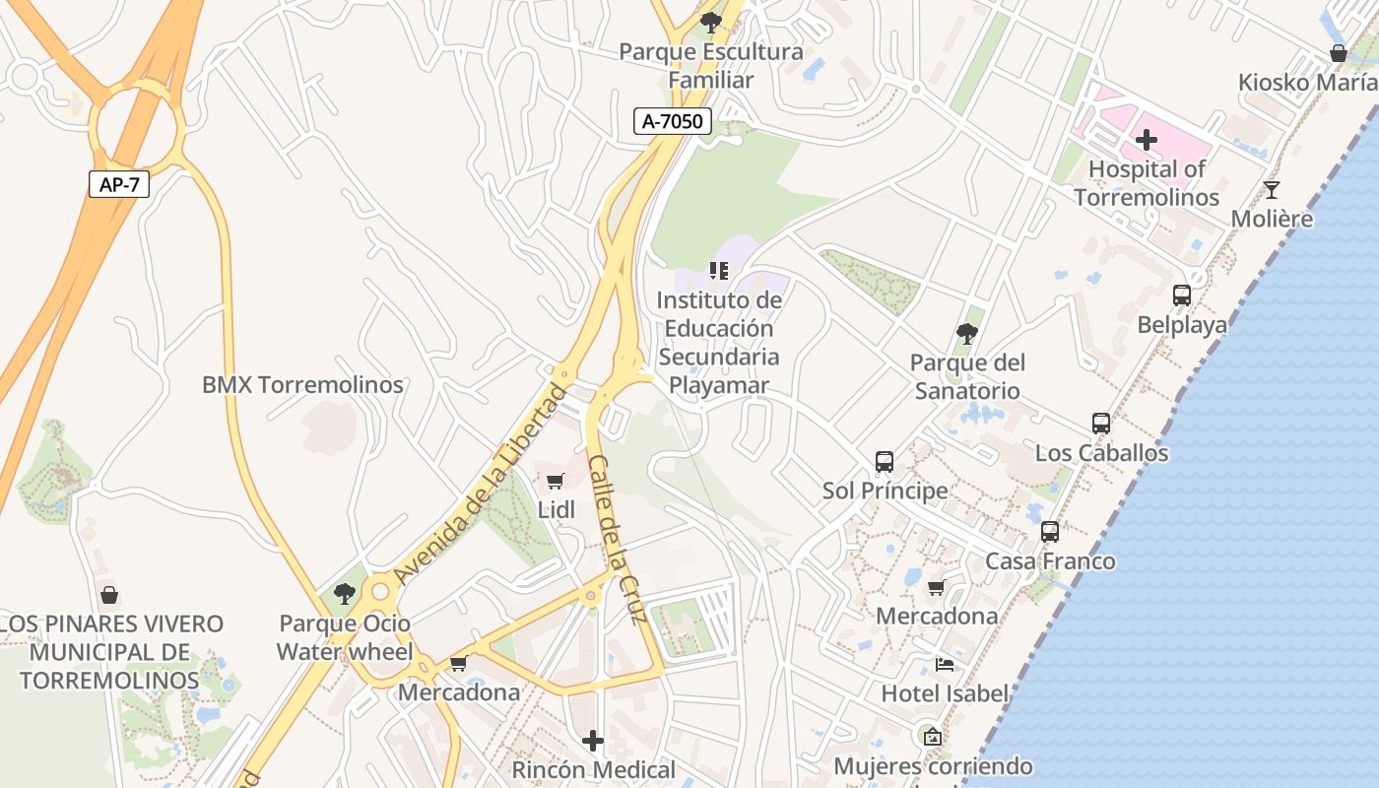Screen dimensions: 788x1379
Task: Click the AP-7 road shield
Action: point(119,184)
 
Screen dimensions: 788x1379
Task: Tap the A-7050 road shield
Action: point(672,121)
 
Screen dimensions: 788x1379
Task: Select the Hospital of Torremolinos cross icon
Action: point(1146,140)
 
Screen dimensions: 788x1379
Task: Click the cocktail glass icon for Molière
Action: point(1272,189)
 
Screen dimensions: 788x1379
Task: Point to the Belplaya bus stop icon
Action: point(1181,295)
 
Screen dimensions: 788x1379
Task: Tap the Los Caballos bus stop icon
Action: point(1101,424)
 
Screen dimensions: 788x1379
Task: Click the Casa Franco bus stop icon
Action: point(1050,532)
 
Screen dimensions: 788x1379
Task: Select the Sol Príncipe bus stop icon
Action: point(885,461)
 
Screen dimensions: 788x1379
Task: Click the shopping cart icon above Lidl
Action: point(556,481)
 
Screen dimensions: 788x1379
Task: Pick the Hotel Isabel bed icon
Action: point(945,664)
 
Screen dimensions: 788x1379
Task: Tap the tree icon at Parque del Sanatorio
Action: point(967,334)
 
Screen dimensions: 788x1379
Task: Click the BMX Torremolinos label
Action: point(302,385)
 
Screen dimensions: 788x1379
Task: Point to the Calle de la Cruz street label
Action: point(618,539)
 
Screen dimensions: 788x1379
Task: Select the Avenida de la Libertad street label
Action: point(480,485)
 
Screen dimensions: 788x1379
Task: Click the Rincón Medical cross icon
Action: point(593,740)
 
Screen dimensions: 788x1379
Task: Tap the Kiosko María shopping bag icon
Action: point(1338,53)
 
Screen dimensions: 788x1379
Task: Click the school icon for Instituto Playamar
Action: point(719,270)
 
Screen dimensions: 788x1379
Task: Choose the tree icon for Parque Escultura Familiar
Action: point(710,22)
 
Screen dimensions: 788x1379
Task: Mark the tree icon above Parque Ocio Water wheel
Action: point(344,594)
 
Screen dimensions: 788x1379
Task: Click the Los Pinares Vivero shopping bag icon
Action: point(109,595)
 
